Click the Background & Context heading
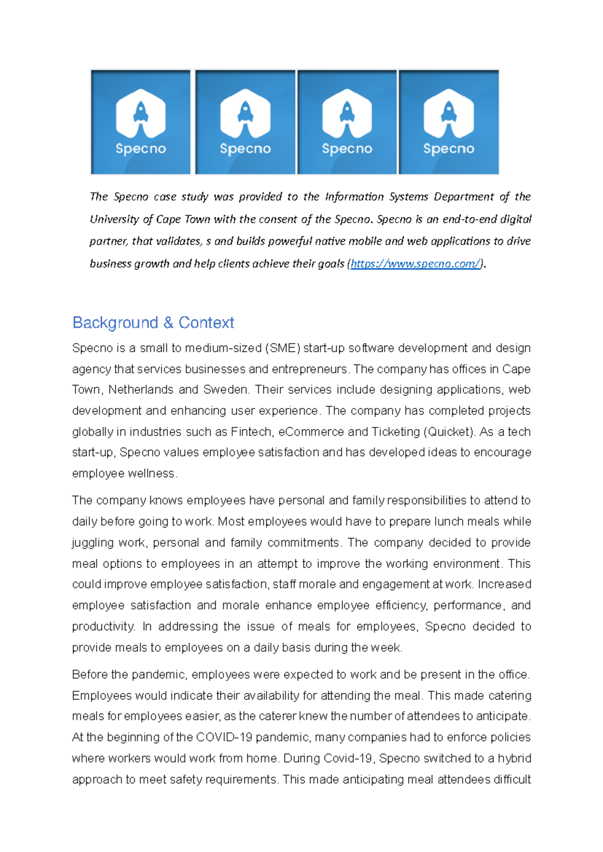pos(153,323)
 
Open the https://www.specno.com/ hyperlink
pos(416,264)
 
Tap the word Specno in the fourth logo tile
pos(448,149)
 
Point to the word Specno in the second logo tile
pos(245,149)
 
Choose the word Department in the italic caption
pos(463,197)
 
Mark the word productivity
pos(103,627)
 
